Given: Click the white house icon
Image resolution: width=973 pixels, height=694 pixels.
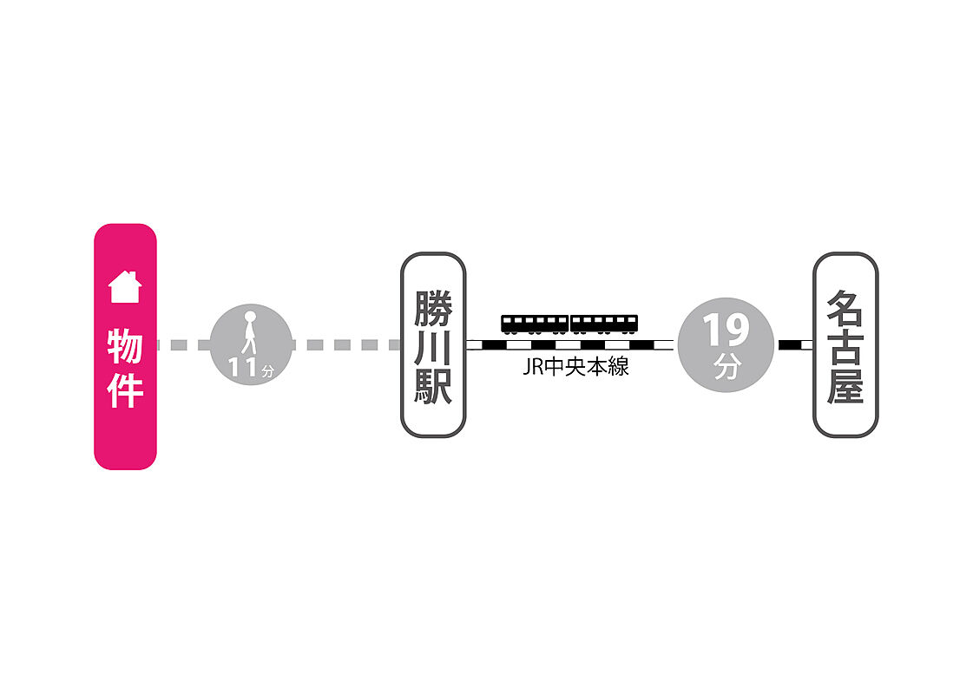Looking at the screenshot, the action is point(125,286).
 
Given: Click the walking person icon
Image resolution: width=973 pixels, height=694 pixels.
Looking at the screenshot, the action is point(249,332).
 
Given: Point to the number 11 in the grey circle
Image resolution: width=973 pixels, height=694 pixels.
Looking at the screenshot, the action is point(243,367).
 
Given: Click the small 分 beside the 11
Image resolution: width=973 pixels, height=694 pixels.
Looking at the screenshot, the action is point(267,371).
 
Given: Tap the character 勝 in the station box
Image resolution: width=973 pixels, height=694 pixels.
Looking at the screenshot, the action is point(433,308).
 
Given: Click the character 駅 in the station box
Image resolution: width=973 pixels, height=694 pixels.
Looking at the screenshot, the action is point(433,386).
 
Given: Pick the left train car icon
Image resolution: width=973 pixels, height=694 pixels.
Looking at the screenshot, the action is point(535,324).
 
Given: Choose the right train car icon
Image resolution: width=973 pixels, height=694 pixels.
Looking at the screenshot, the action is point(604,324).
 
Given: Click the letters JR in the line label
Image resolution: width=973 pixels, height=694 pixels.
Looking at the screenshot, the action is point(533,367).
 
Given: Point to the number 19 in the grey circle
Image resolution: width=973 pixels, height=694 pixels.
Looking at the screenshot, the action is point(726,330).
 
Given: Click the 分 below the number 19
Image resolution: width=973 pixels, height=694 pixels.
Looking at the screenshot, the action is point(726,367).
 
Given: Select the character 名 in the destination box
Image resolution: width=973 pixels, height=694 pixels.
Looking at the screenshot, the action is point(845,308).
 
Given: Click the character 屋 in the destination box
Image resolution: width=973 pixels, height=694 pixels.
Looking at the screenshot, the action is point(845,386).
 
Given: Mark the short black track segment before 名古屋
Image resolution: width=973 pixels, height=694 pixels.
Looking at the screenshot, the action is point(789,344).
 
